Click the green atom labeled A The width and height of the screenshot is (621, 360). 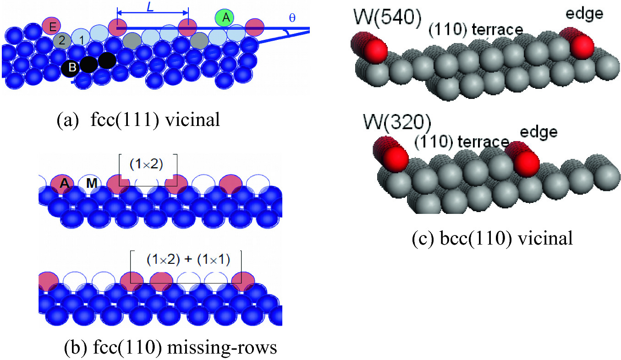(x=225, y=18)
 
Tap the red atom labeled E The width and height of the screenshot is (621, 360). (x=52, y=27)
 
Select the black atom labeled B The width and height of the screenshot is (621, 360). (x=71, y=68)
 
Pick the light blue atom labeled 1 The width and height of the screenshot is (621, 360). (x=82, y=39)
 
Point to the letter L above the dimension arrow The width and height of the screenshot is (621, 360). (x=150, y=7)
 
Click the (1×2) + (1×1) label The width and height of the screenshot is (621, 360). (x=188, y=259)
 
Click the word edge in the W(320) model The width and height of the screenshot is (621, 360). (x=539, y=132)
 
